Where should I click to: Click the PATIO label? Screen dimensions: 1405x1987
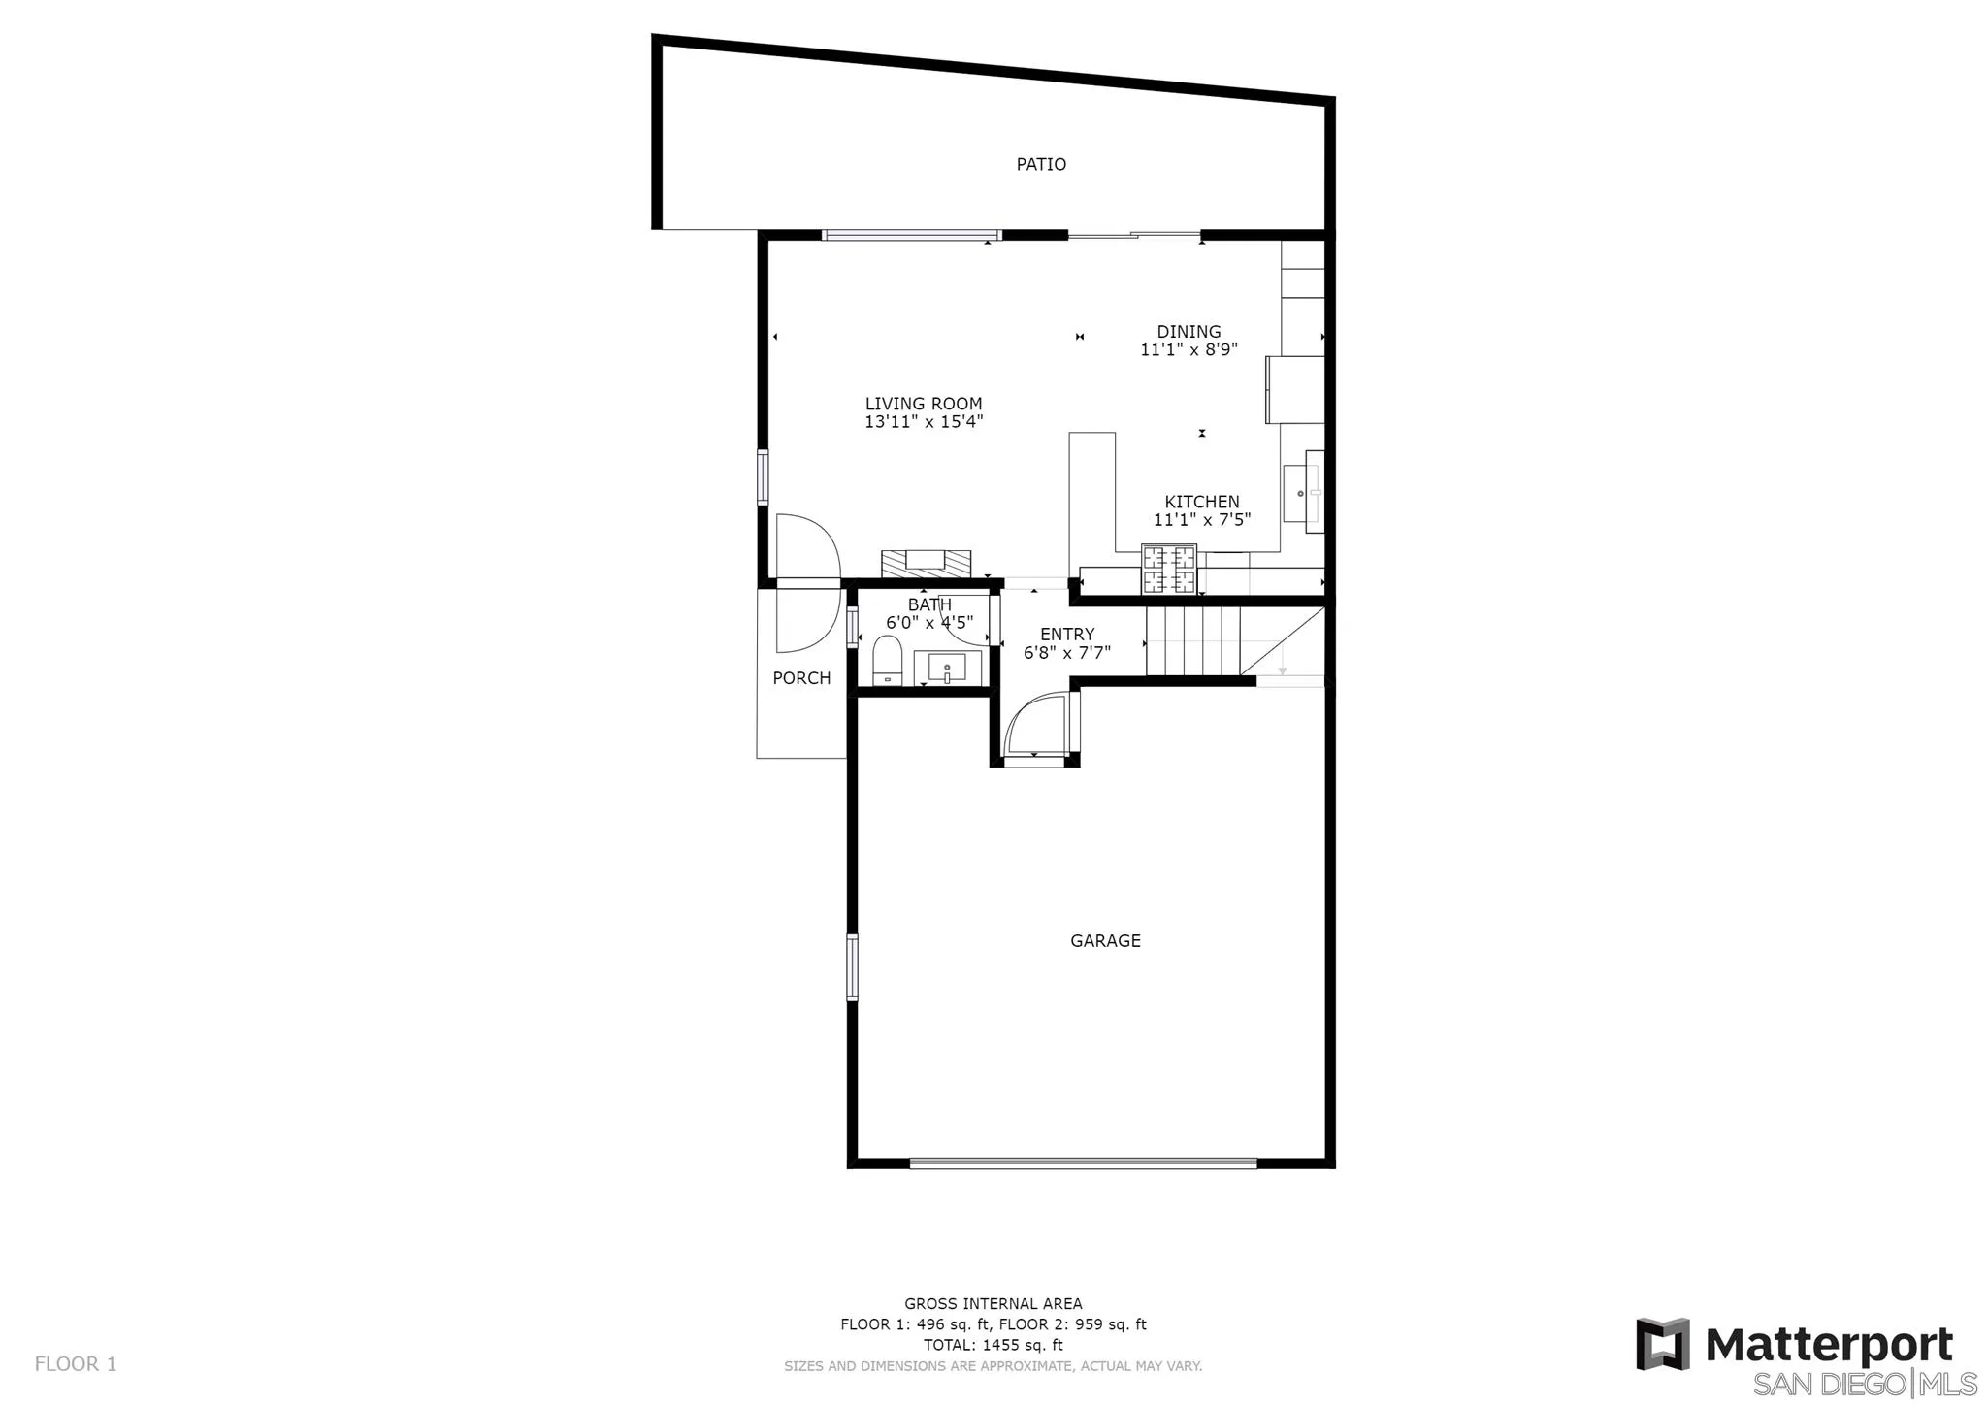[1041, 165]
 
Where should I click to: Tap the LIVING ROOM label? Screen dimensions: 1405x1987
[924, 404]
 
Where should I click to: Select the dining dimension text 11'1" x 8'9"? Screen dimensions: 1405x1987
[1189, 349]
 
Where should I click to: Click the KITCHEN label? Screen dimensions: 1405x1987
[1201, 502]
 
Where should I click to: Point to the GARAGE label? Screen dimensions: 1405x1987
[1105, 940]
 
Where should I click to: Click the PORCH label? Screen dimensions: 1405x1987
[801, 678]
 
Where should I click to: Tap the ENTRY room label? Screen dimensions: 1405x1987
[1067, 635]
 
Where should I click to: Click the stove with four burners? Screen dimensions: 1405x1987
[1168, 570]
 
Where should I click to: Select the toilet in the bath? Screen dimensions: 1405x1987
[888, 661]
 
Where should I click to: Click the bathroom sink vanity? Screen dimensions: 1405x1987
[948, 668]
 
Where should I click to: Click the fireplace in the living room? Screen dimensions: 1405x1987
[926, 563]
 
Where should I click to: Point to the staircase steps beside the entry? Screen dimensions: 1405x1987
[1193, 640]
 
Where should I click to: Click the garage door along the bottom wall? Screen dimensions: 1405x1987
[1083, 1162]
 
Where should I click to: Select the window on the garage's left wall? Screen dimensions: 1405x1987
[852, 966]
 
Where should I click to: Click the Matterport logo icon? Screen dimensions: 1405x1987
[1662, 1344]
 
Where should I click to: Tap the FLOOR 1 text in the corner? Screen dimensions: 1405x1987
[76, 1364]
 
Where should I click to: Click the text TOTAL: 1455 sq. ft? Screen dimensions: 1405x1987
[993, 1345]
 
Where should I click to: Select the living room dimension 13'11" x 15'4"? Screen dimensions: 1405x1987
[924, 422]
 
